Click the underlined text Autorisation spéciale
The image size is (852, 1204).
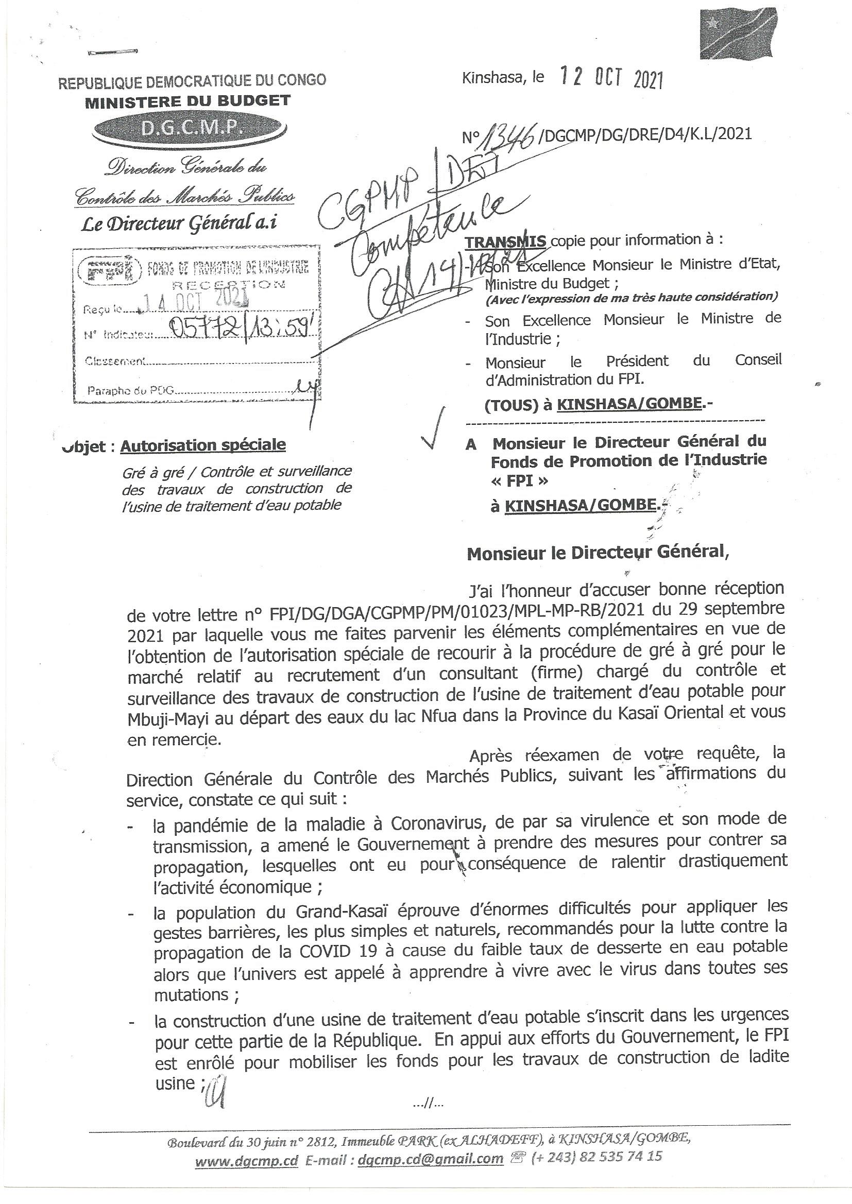pos(203,445)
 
